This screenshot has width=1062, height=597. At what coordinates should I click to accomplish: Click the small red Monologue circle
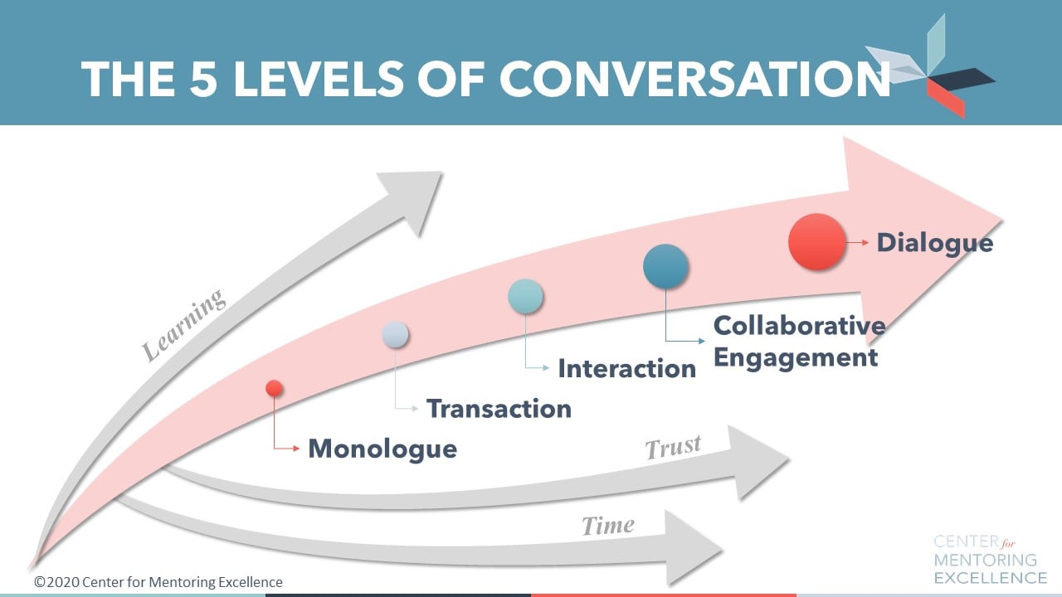(x=274, y=388)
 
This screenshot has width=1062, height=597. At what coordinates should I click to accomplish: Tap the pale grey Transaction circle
(x=395, y=333)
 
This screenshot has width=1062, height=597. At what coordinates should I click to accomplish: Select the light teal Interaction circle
(x=525, y=296)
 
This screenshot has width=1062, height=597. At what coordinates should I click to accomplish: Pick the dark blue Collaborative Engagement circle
(x=665, y=266)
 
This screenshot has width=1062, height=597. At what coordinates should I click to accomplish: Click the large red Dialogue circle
(x=816, y=241)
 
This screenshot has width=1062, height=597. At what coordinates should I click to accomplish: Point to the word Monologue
(x=382, y=449)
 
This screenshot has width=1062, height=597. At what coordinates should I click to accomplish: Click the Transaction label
(x=499, y=408)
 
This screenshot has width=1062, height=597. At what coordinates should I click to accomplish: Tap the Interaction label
(x=626, y=368)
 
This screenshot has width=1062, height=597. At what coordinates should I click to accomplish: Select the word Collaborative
(x=799, y=325)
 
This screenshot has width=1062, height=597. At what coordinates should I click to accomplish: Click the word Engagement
(x=795, y=357)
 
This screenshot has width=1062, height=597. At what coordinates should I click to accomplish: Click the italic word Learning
(x=183, y=324)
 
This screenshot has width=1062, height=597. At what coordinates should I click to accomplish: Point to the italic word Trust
(x=673, y=448)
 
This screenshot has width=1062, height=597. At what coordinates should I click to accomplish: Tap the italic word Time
(x=607, y=525)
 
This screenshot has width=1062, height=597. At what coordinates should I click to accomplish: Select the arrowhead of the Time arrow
(x=692, y=546)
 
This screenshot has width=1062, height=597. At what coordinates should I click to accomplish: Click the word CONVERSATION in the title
(x=694, y=79)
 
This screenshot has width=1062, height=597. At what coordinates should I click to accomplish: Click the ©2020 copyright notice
(x=158, y=582)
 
